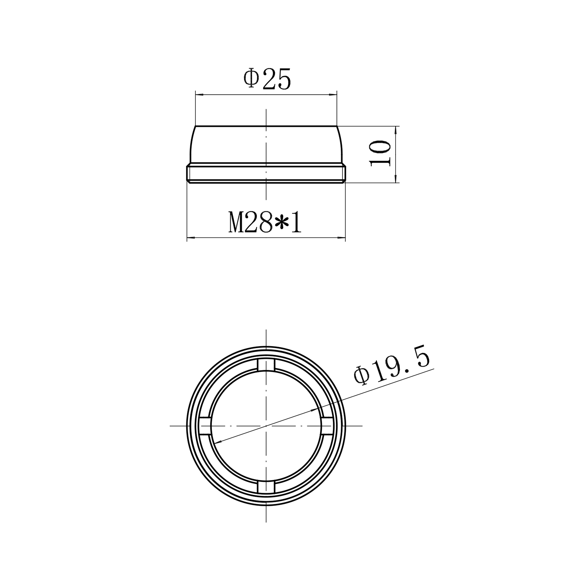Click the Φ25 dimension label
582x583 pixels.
pyautogui.click(x=268, y=80)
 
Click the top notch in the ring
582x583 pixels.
pyautogui.click(x=266, y=365)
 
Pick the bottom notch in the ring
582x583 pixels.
pyautogui.click(x=266, y=486)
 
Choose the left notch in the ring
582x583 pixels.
pyautogui.click(x=205, y=425)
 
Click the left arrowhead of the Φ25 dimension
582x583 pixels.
pyautogui.click(x=200, y=94)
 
